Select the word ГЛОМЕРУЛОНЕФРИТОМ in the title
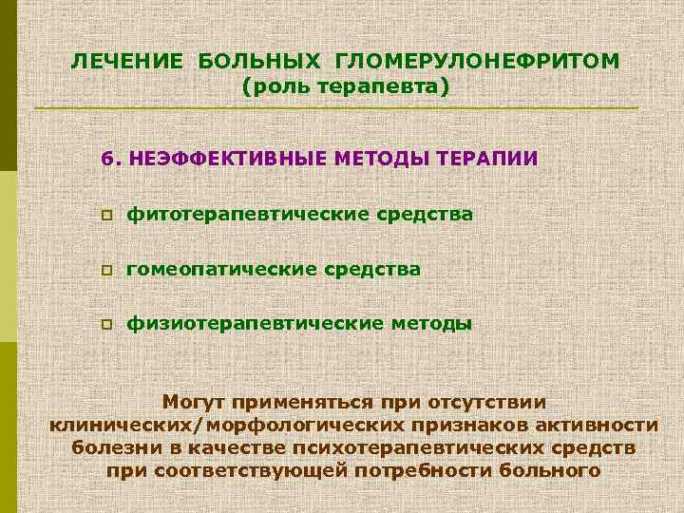[478, 62]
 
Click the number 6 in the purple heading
[106, 158]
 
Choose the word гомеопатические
[223, 270]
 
